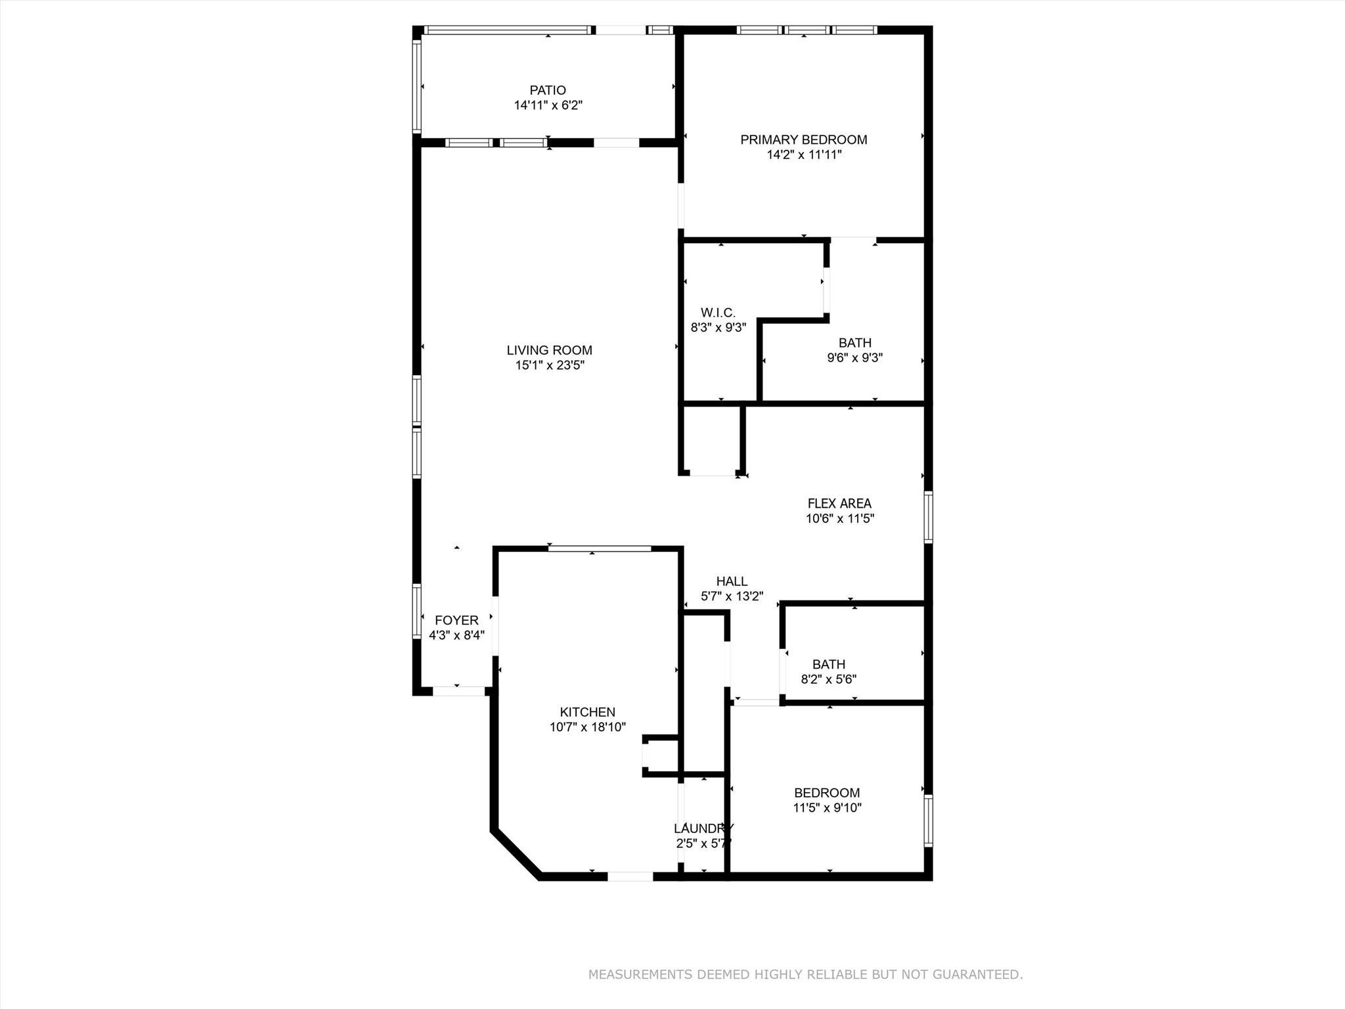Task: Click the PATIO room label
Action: point(548,90)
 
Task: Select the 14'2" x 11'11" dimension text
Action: point(804,155)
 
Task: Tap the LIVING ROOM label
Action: point(549,350)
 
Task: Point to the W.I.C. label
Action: point(718,313)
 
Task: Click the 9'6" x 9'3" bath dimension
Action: point(854,358)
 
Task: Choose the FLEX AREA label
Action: point(839,503)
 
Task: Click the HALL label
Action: point(732,581)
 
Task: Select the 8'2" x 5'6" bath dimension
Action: point(828,679)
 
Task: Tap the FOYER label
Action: point(456,620)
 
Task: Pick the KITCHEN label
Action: point(587,712)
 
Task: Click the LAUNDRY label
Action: point(703,828)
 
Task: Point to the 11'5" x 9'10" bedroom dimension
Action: point(827,808)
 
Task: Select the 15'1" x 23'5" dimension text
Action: point(549,365)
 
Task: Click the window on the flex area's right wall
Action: point(928,517)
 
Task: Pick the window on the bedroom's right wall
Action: point(928,820)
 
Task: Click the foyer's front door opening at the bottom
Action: point(458,691)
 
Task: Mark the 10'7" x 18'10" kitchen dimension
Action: point(587,727)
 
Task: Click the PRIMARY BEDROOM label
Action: point(804,139)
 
